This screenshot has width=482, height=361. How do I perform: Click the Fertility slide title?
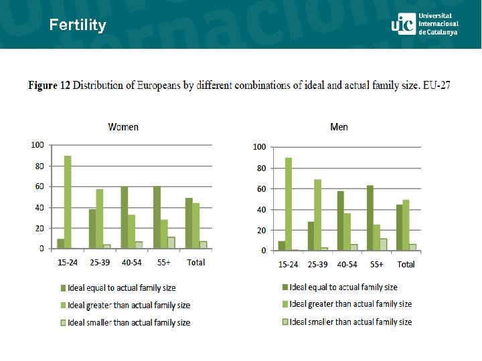(x=78, y=25)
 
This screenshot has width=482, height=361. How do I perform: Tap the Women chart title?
(x=123, y=126)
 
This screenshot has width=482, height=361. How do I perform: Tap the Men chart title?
(x=339, y=127)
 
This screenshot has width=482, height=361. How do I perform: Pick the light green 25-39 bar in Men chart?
(x=318, y=215)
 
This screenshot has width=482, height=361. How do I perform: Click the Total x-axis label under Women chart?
(x=195, y=263)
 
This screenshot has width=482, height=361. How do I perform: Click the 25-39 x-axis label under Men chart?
(x=317, y=265)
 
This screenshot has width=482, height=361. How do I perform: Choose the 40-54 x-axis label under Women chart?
(x=132, y=263)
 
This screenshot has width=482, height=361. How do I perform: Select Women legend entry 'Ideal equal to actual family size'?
(x=120, y=288)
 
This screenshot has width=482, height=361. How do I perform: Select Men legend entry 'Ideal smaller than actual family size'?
(x=350, y=322)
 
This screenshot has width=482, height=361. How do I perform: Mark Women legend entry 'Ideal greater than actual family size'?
(x=128, y=306)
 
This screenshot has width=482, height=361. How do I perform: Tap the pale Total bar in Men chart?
(x=413, y=247)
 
